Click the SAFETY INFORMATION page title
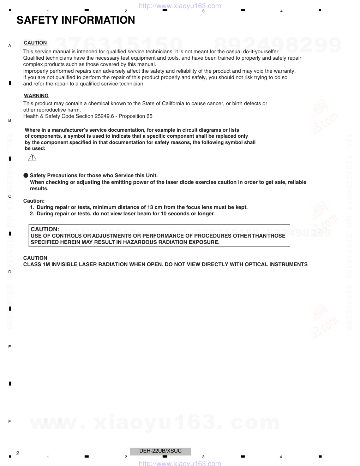(76, 20)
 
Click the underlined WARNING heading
(36, 96)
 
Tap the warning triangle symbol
(32, 157)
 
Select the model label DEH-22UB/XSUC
(160, 451)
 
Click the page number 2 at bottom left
(18, 453)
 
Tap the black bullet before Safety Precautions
(26, 175)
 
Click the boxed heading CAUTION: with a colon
(45, 229)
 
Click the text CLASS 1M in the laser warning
(36, 264)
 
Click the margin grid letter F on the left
(10, 422)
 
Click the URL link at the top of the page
(180, 6)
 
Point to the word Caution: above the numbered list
(34, 201)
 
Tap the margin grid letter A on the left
(10, 46)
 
